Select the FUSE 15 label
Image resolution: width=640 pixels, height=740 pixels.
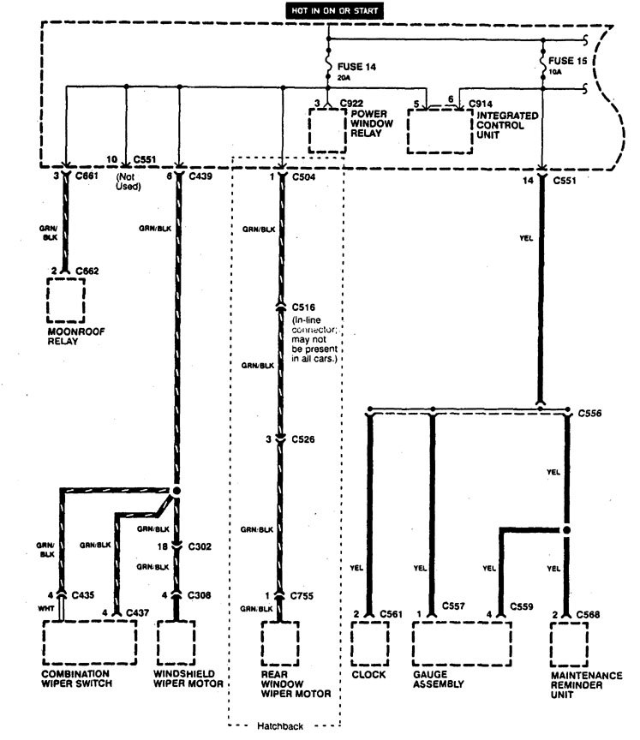(570, 62)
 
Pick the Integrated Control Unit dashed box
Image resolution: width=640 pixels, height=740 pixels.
(440, 129)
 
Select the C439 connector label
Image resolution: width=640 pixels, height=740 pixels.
(200, 176)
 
